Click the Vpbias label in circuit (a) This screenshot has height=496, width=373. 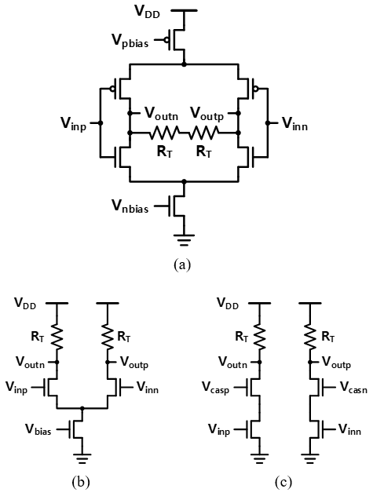tap(130, 41)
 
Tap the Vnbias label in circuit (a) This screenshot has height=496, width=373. tap(130, 207)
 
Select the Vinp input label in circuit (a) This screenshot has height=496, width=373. tap(74, 123)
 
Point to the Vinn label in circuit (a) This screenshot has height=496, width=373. tap(294, 123)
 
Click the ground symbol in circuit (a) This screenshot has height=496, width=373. tap(184, 240)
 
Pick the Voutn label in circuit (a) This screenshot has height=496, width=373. tap(161, 114)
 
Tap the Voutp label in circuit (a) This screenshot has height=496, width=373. tap(207, 114)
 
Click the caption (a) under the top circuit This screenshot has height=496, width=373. tap(182, 264)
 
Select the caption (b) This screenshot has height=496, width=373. tap(81, 482)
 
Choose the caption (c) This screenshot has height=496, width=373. tap(283, 482)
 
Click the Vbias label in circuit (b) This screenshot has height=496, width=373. tap(38, 429)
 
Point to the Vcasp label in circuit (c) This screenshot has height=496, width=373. tap(216, 388)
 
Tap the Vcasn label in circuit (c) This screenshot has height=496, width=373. tap(353, 387)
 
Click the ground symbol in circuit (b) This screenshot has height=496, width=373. tap(82, 458)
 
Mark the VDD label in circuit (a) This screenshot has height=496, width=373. tap(148, 12)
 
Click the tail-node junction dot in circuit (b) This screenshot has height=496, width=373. tap(82, 408)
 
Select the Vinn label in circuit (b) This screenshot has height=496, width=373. tap(148, 387)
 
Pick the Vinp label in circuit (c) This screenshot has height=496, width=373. tap(219, 430)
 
